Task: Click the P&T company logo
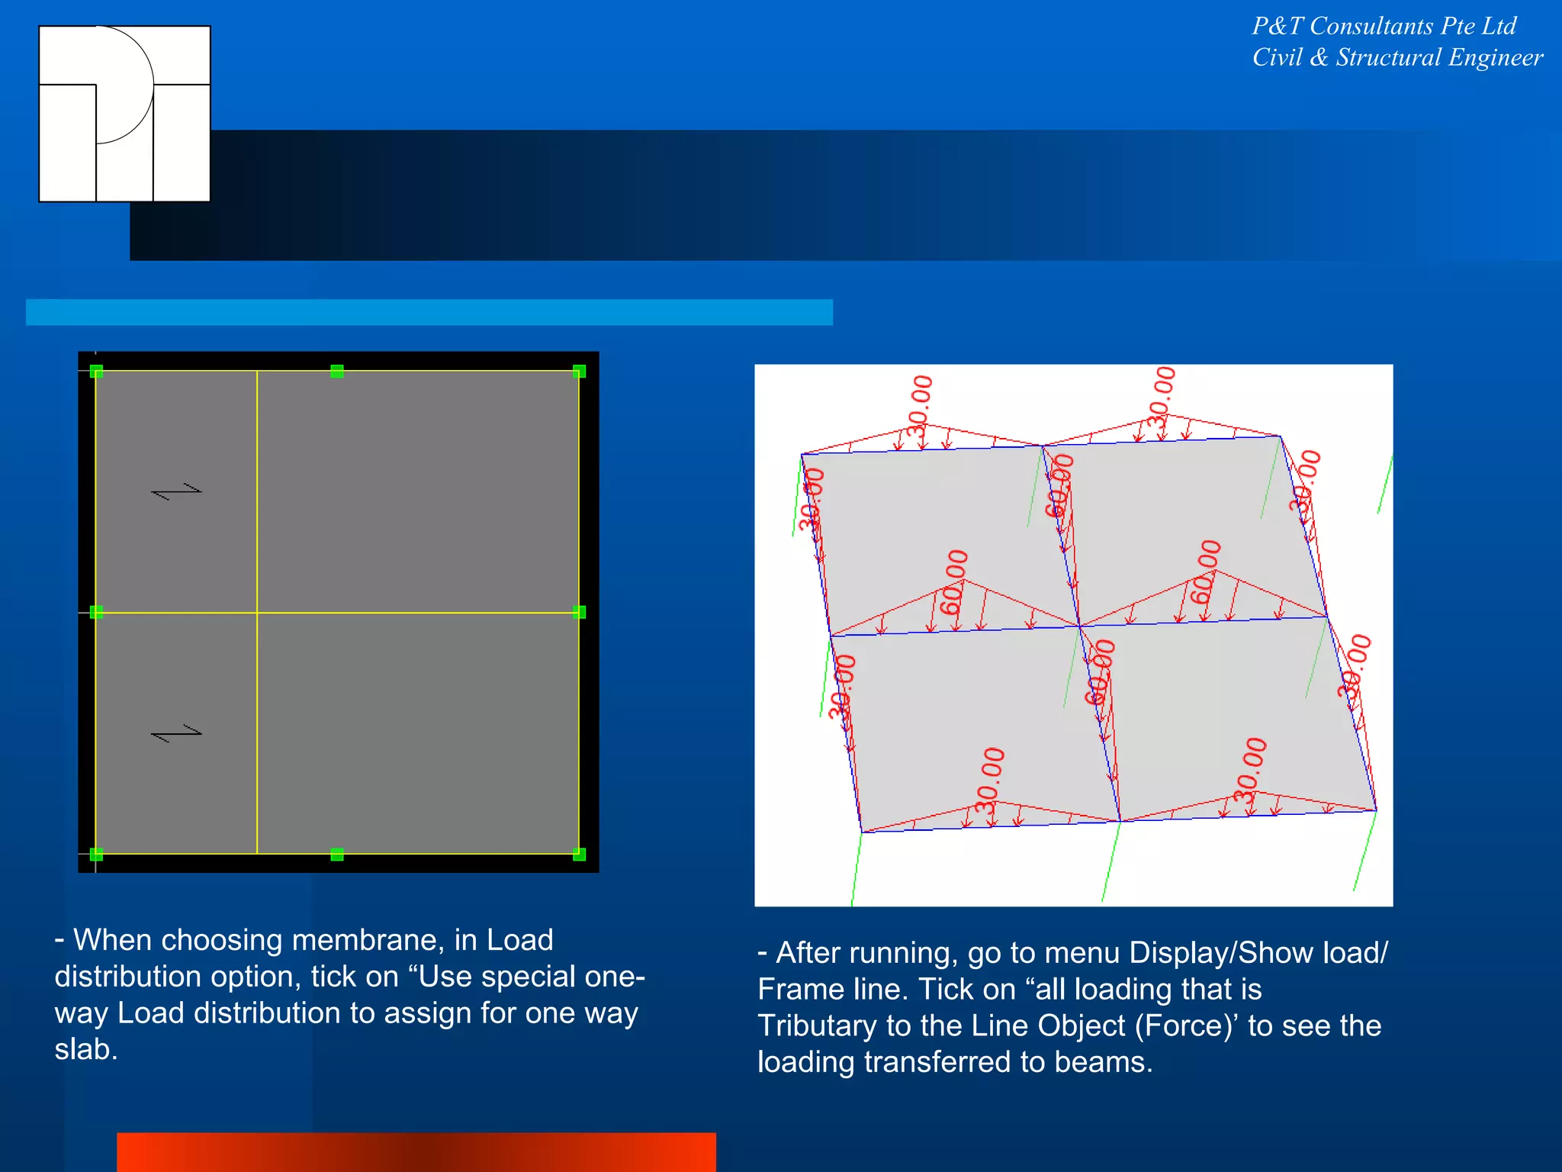(x=124, y=114)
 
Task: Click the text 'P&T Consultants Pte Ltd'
(x=1384, y=26)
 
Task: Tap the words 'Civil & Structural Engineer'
(x=1397, y=58)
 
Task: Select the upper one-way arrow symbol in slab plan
(x=177, y=491)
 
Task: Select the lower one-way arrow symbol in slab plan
(x=177, y=733)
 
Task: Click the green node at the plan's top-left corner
(x=96, y=372)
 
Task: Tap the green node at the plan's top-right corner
(x=579, y=372)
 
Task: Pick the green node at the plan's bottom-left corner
(x=96, y=854)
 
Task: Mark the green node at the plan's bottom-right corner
(x=579, y=854)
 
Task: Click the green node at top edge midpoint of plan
(x=337, y=372)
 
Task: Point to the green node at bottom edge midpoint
(x=337, y=854)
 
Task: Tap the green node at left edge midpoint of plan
(x=96, y=612)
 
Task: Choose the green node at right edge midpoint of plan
(x=579, y=612)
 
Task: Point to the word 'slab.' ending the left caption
(x=86, y=1050)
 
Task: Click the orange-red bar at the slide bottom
(x=416, y=1151)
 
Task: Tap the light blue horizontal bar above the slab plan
(x=429, y=312)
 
